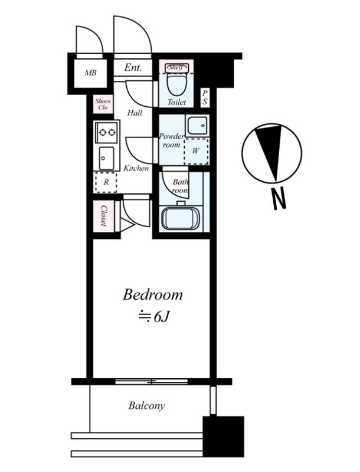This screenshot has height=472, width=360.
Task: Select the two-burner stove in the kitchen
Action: (x=107, y=132)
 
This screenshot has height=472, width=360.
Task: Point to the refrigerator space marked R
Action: (x=106, y=182)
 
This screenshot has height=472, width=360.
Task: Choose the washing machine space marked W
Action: (x=196, y=151)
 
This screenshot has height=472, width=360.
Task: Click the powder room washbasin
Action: (x=197, y=126)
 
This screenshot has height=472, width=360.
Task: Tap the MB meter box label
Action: (x=90, y=73)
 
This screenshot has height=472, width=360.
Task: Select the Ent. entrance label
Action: (x=133, y=67)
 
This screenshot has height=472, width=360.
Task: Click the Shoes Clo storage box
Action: (x=103, y=104)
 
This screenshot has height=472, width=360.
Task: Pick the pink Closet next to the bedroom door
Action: (x=103, y=216)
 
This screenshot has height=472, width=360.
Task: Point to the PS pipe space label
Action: (x=205, y=97)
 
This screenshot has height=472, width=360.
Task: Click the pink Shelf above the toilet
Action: (x=176, y=67)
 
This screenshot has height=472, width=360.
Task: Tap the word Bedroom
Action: (x=153, y=294)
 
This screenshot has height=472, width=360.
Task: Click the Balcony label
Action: (x=146, y=406)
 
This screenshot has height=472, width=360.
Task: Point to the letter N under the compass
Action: (x=279, y=199)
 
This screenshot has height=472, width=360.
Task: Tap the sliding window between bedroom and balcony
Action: (x=152, y=381)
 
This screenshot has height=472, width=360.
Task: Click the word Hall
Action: (x=135, y=113)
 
